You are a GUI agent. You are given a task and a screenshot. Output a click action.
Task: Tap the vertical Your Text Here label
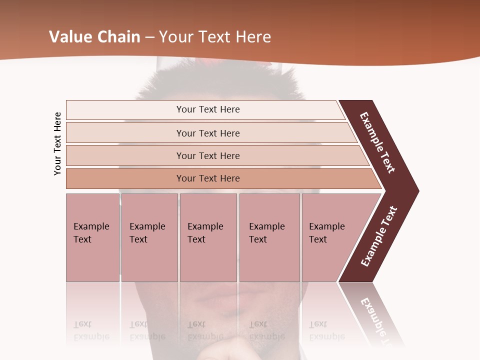tap(57, 143)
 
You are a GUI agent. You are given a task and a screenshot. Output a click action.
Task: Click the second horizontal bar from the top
tap(208, 133)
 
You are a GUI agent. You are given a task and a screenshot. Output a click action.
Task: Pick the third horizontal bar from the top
tap(208, 155)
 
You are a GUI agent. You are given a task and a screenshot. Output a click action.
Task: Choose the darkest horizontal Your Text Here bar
tap(208, 178)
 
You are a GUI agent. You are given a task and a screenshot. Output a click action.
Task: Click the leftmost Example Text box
tap(92, 237)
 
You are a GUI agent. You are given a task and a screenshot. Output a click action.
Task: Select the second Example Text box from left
tap(149, 237)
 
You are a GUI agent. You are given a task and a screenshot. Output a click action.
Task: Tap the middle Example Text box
tap(208, 237)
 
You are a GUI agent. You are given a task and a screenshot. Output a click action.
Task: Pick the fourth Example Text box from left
tap(269, 237)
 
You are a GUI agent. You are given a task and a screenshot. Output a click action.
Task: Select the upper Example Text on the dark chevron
tap(377, 142)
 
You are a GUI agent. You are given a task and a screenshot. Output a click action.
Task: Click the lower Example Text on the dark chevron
tap(378, 236)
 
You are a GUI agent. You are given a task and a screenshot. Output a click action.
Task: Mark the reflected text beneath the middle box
tap(205, 330)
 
